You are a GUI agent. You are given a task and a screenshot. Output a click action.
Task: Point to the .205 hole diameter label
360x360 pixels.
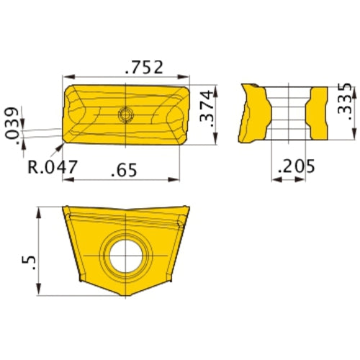point(293,167)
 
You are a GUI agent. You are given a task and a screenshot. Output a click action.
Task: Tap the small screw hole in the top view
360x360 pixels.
point(126,113)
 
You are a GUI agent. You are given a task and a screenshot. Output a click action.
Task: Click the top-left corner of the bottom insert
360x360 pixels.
point(63,208)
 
